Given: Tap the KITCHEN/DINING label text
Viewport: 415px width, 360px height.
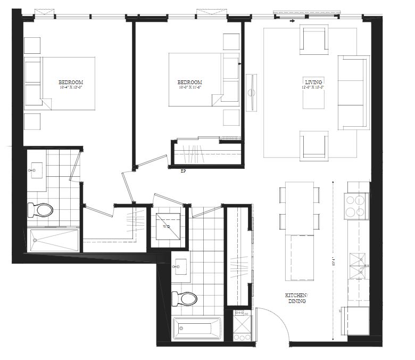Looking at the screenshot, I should point(295,298).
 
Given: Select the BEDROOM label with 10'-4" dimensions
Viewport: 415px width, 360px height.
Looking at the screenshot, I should point(71,83).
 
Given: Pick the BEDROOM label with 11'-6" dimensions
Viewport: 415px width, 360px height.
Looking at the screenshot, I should point(189,83).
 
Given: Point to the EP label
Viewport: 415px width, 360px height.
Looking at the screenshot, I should point(183,171).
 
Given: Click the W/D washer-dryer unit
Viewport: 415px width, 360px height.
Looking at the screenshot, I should point(168,226).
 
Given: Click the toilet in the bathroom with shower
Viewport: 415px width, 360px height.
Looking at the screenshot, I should point(40,210).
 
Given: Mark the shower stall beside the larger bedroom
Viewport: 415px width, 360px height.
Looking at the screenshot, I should point(53,240).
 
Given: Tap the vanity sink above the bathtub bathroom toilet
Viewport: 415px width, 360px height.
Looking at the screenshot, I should point(179,265).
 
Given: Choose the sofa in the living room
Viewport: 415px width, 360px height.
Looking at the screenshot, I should point(353,92).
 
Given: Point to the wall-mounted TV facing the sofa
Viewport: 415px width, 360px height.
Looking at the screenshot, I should point(251,92).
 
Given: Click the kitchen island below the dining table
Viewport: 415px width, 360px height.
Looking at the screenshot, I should point(300,259).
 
